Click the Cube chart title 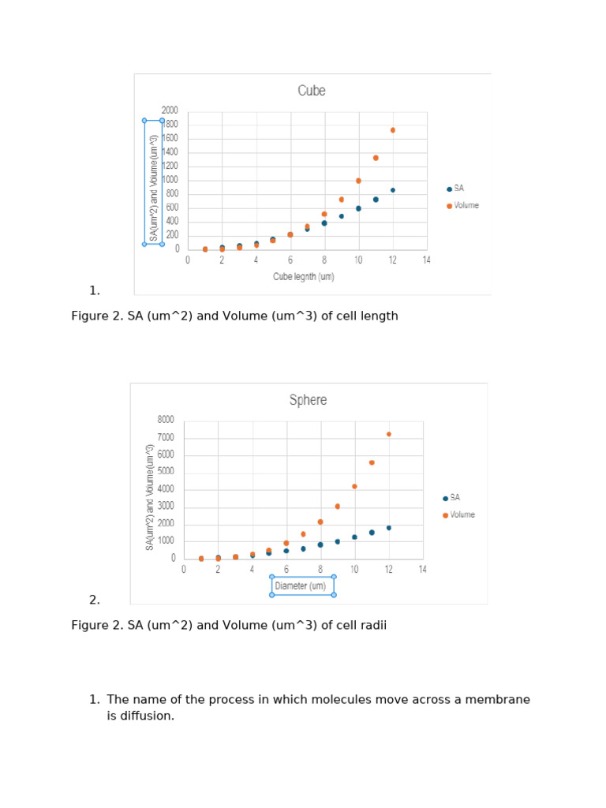[311, 91]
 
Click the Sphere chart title [308, 400]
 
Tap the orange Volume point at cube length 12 [393, 130]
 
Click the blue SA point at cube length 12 [393, 190]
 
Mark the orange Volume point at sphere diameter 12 [389, 434]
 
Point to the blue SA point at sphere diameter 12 [389, 528]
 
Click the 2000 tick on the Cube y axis [170, 110]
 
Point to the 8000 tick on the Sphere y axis [166, 420]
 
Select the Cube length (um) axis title [304, 277]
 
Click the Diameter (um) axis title [300, 586]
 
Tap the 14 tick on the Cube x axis [427, 260]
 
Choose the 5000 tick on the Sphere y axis [166, 472]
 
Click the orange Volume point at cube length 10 [358, 181]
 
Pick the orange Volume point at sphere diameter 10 [355, 486]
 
